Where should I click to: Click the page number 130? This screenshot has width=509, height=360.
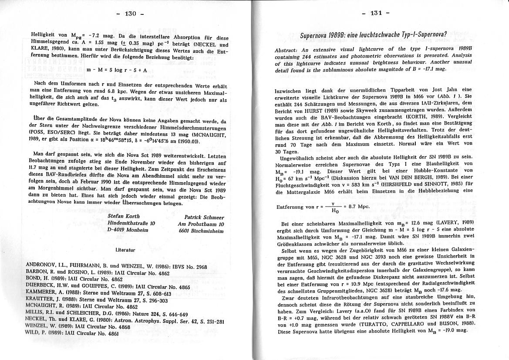(x=130, y=14)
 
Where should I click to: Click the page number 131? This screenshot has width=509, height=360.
(x=375, y=13)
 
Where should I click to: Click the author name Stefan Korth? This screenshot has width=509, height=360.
(x=124, y=216)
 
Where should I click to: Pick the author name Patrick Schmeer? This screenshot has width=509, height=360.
(x=204, y=217)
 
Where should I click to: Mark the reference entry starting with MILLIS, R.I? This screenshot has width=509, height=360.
(x=107, y=314)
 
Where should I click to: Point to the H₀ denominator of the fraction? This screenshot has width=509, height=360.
(x=335, y=211)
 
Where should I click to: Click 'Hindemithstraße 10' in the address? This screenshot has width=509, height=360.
(x=131, y=223)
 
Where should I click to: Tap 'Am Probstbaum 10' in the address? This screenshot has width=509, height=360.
(x=201, y=224)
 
